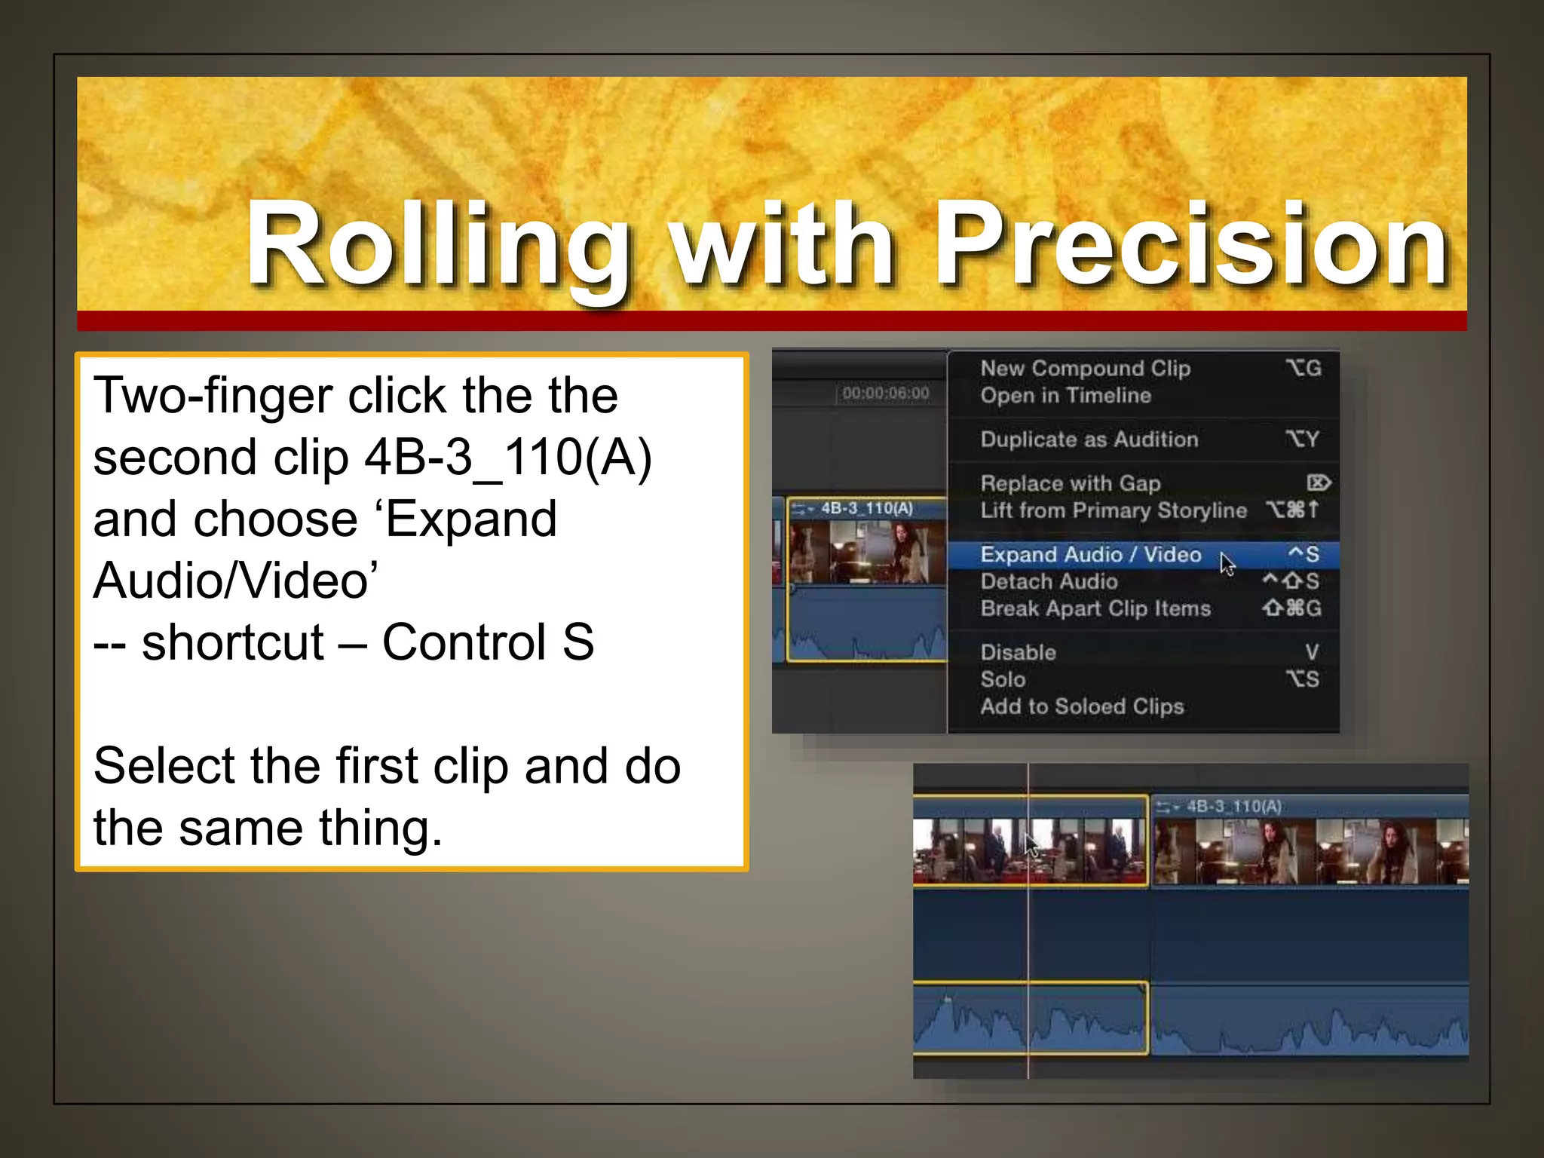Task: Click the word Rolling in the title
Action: pos(437,245)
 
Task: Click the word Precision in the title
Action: pos(1191,245)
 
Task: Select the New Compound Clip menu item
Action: pos(1085,369)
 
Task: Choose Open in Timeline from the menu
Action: pos(1065,396)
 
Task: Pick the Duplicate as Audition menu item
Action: pos(1089,440)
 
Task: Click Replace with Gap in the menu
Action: pos(1070,483)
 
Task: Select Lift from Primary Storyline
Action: pos(1113,510)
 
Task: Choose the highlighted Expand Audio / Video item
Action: pos(1090,555)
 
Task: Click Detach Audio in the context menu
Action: pos(1049,582)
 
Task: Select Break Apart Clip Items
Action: pos(1095,609)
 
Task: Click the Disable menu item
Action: pos(1018,653)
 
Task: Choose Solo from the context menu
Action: pos(1003,680)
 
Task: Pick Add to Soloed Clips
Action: pos(1082,707)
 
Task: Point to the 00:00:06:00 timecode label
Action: pos(885,394)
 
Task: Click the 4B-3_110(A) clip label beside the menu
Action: pos(866,509)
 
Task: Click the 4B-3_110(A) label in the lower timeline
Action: pos(1233,807)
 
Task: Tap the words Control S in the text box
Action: pos(488,642)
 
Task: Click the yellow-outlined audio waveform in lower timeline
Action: pos(1030,1019)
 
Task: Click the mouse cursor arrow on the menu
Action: pos(1227,563)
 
